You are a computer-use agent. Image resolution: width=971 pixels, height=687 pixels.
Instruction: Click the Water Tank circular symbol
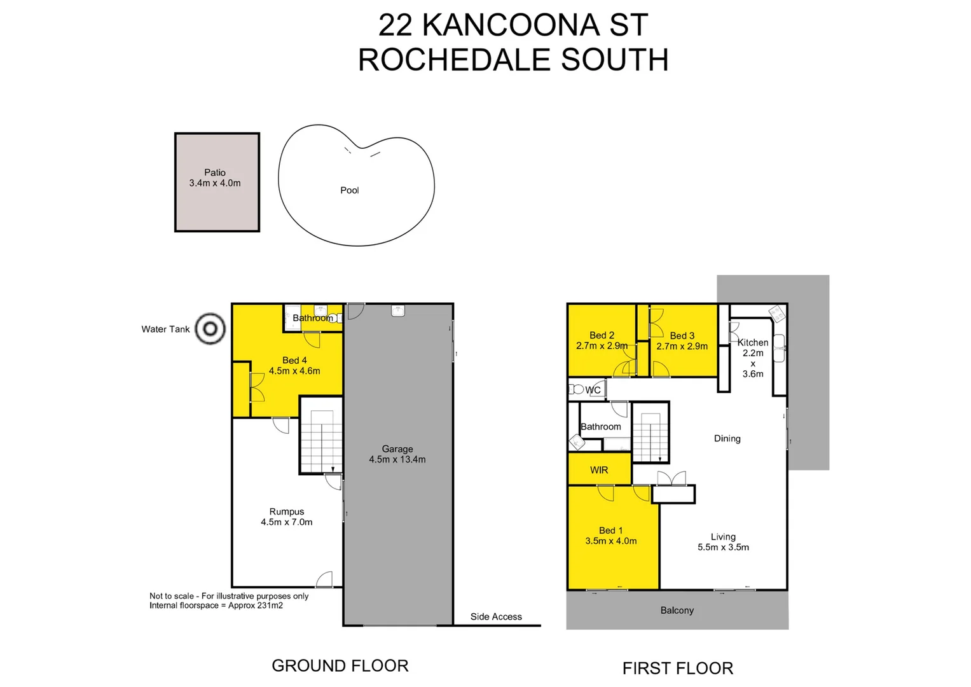tap(210, 329)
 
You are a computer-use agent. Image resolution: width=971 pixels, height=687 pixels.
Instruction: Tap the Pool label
tap(349, 190)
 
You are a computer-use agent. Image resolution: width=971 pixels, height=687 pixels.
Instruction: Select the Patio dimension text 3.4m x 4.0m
tap(215, 183)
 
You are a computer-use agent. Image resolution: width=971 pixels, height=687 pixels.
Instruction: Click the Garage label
tap(397, 448)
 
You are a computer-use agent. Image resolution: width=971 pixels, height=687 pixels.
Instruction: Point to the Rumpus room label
tap(286, 511)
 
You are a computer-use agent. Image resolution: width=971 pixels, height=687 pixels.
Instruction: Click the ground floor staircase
tap(321, 439)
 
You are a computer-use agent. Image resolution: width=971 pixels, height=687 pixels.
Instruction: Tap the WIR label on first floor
tap(599, 470)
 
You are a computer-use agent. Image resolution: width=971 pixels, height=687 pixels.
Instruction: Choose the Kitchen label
tap(753, 342)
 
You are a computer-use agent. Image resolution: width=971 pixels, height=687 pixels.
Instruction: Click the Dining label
tap(727, 438)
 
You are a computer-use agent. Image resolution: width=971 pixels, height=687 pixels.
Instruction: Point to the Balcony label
tap(677, 610)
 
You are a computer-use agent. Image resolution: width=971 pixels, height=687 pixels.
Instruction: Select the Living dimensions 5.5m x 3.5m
tap(723, 547)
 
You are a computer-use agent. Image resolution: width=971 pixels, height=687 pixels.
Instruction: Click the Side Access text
tap(496, 616)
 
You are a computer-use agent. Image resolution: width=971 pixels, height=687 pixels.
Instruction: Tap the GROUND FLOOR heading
tap(340, 665)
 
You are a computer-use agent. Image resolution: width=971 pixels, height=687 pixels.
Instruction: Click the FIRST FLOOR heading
tap(677, 668)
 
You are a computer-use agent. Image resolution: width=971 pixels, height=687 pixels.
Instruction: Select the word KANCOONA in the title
tap(511, 25)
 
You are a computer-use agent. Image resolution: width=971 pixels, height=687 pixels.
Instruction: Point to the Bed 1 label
tap(610, 530)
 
